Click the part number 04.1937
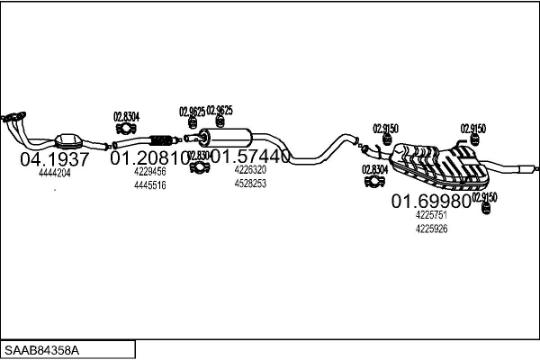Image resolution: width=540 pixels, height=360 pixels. tap(55, 159)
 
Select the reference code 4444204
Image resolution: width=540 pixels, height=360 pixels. tap(55, 173)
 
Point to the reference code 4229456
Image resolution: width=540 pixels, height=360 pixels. tap(149, 171)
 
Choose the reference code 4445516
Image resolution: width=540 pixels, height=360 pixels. tap(149, 184)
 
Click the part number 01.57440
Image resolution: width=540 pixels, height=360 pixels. tap(250, 157)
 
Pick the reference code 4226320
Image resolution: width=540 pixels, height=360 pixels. tap(250, 169)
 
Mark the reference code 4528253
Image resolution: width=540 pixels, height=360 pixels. tap(250, 183)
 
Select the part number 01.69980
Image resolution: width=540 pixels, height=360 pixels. tap(431, 202)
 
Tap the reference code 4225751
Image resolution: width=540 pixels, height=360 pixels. tap(431, 215)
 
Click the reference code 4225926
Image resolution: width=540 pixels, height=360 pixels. tap(431, 229)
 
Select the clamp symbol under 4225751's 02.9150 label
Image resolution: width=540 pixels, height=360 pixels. tap(486, 209)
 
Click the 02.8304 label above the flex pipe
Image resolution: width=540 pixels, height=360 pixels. tap(126, 116)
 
